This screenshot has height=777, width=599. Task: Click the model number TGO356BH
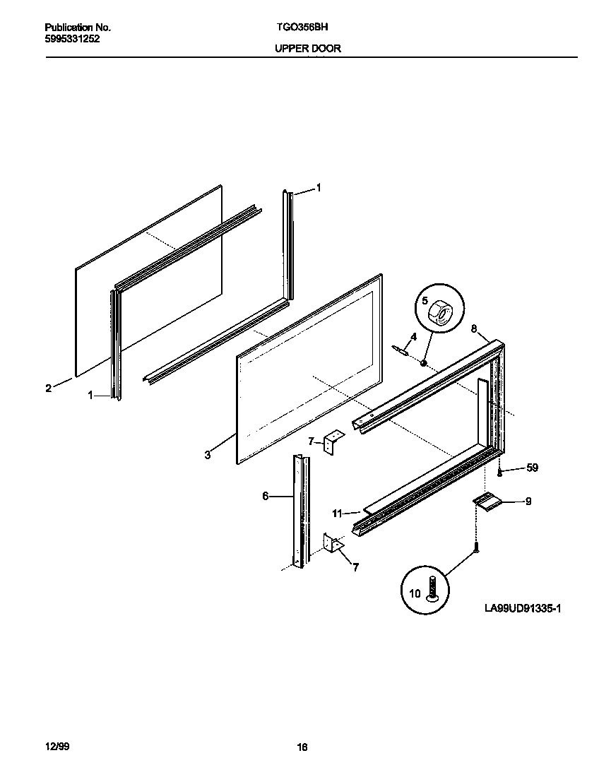pyautogui.click(x=297, y=28)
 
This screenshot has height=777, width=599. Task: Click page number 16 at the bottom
pyautogui.click(x=302, y=747)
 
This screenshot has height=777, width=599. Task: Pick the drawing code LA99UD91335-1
pyautogui.click(x=523, y=608)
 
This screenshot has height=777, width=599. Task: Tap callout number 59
pyautogui.click(x=532, y=468)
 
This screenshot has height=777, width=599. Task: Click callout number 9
pyautogui.click(x=528, y=502)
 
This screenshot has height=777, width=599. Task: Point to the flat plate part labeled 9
pyautogui.click(x=487, y=501)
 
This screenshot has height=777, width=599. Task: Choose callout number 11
pyautogui.click(x=337, y=513)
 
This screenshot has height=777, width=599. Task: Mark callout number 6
pyautogui.click(x=266, y=497)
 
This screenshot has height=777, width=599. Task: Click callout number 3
pyautogui.click(x=208, y=456)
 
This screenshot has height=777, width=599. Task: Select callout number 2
pyautogui.click(x=48, y=388)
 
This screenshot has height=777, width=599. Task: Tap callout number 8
pyautogui.click(x=473, y=328)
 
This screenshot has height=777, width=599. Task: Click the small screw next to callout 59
pyautogui.click(x=499, y=470)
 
